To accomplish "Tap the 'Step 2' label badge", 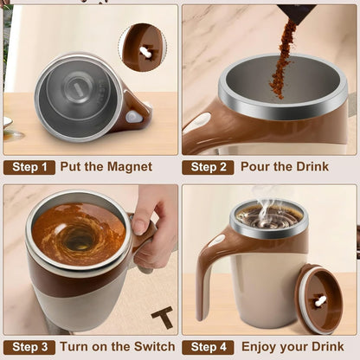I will pos(207,167).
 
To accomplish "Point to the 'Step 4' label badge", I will pos(207,347).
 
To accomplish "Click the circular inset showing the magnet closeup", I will pos(142,47).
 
